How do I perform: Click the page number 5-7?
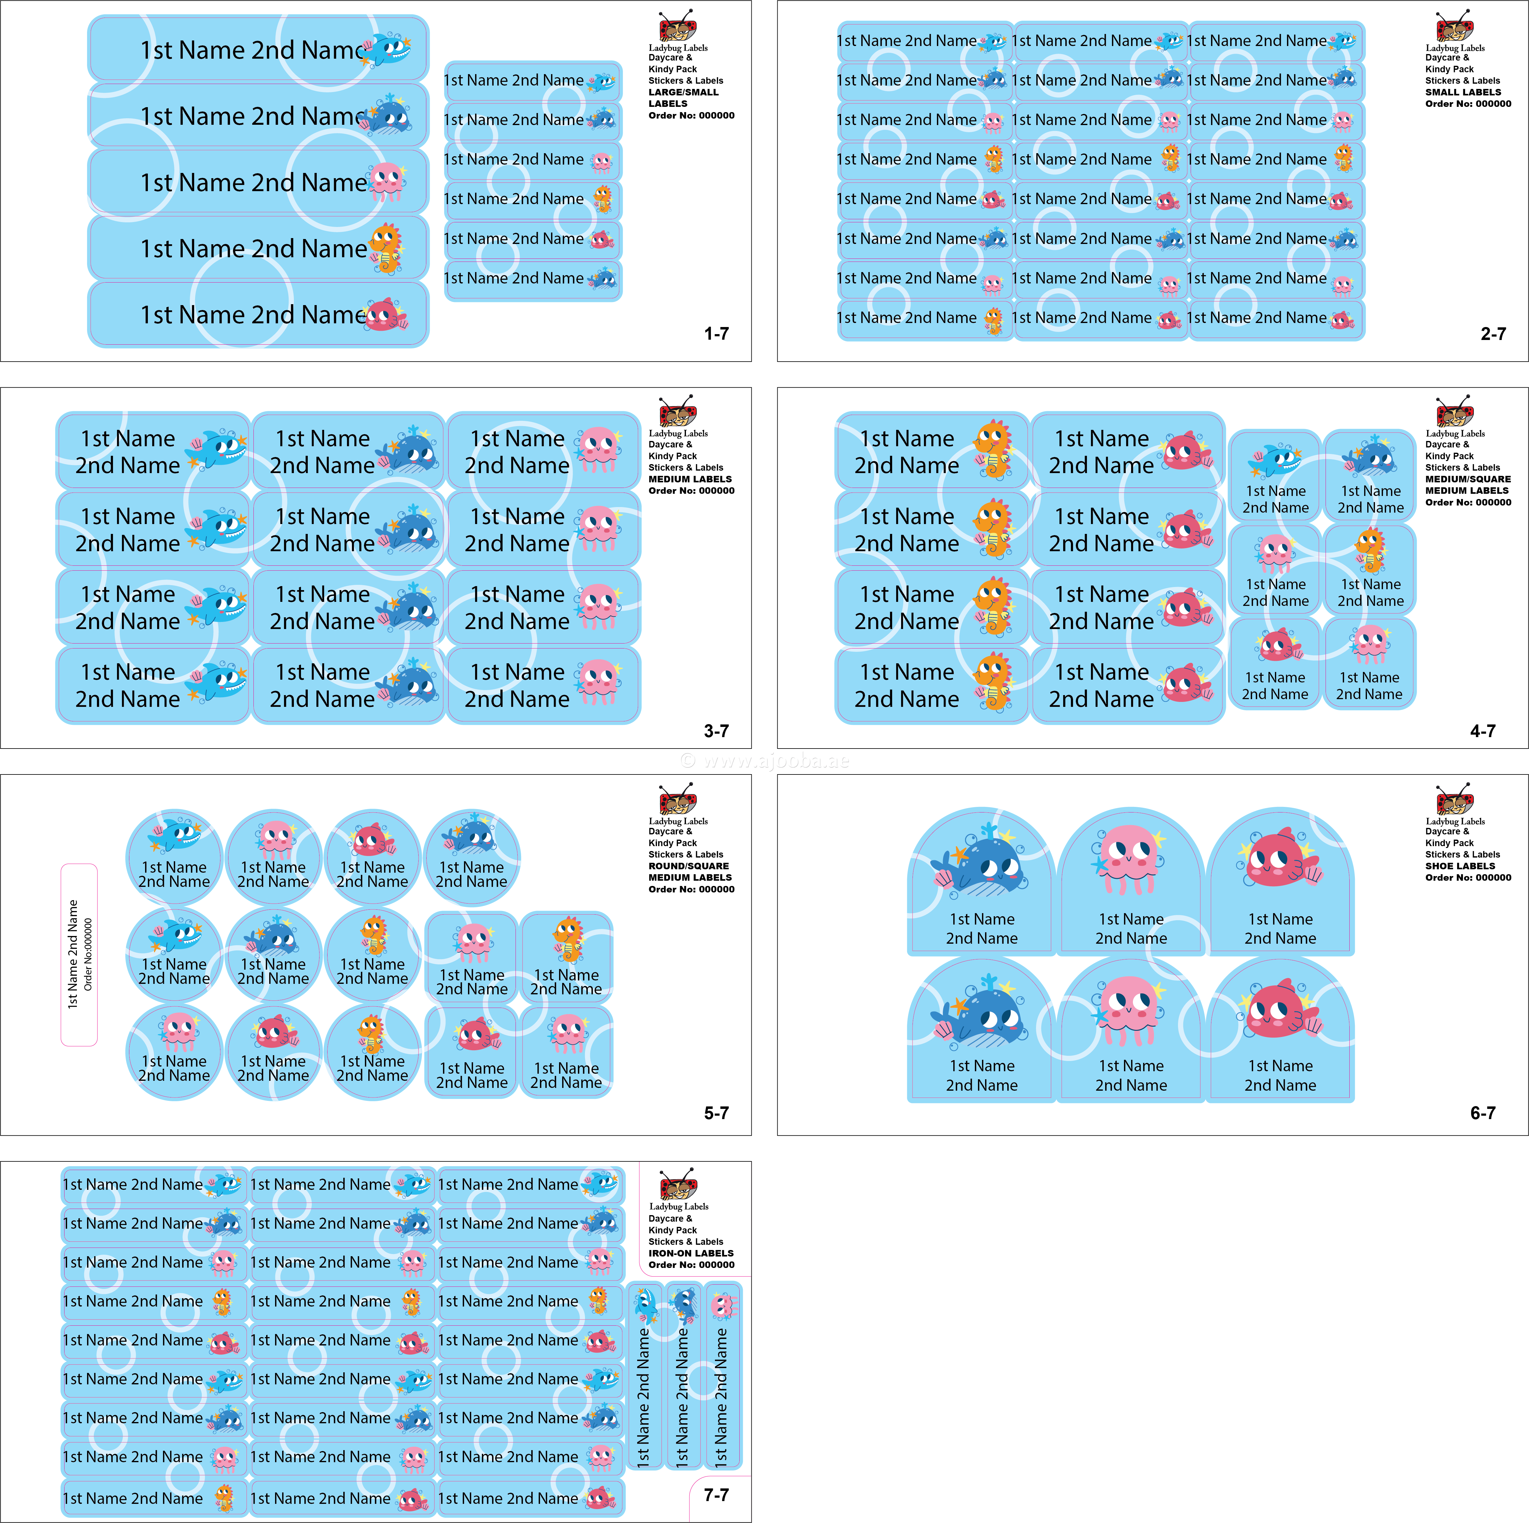tap(716, 1113)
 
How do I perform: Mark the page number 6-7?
tap(1482, 1113)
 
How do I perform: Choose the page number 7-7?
tap(716, 1495)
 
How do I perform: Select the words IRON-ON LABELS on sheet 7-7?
tap(691, 1253)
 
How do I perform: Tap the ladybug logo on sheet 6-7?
tap(1455, 799)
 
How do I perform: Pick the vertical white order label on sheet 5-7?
tap(79, 954)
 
